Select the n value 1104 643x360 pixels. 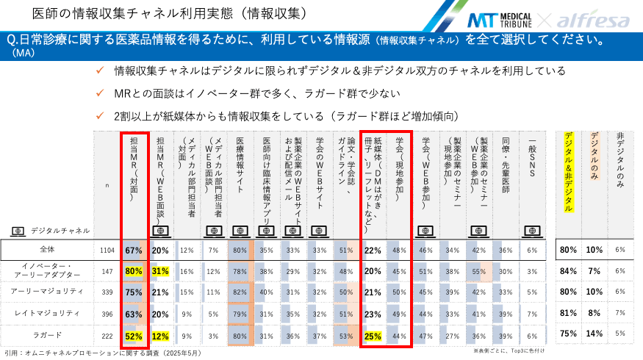(x=107, y=250)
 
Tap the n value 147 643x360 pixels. (x=107, y=271)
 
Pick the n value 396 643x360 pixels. (x=107, y=314)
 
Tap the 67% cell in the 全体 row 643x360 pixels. (x=134, y=250)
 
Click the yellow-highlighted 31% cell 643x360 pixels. (x=160, y=271)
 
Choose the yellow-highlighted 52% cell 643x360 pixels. (x=134, y=335)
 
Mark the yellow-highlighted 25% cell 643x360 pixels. (x=373, y=335)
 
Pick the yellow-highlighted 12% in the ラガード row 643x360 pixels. (x=160, y=335)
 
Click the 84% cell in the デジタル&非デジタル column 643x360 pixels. (x=567, y=271)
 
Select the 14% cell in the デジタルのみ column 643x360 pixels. (x=594, y=335)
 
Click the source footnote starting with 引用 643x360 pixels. (x=103, y=353)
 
